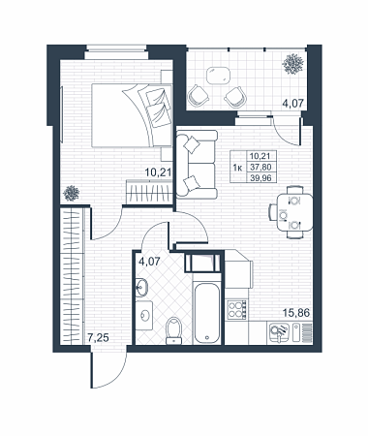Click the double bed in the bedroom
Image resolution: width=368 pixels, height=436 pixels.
click(x=132, y=115)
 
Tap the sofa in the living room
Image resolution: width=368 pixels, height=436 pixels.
click(x=197, y=164)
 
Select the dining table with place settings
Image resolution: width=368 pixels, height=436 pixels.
click(x=294, y=212)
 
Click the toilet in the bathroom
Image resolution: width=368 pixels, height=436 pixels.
click(x=174, y=330)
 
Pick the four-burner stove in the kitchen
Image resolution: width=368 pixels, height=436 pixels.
click(x=236, y=310)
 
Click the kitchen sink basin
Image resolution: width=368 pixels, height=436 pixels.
click(x=277, y=332)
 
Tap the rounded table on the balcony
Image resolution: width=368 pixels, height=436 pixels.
click(x=219, y=75)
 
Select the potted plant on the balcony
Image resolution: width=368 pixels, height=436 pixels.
click(x=293, y=64)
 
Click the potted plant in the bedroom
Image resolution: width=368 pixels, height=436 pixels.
click(x=72, y=193)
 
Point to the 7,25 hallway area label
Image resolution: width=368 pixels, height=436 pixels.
click(x=98, y=338)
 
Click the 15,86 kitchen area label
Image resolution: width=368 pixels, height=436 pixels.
click(x=296, y=313)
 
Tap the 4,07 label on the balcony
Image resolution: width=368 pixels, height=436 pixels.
click(x=293, y=104)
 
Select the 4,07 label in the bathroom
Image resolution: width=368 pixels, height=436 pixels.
click(x=149, y=261)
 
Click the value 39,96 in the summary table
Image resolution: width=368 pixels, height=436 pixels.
click(x=261, y=177)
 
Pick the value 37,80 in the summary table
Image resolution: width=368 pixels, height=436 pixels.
click(x=261, y=167)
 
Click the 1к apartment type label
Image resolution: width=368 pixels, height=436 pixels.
click(x=237, y=168)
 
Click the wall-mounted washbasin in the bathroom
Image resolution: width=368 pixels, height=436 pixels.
click(x=141, y=287)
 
